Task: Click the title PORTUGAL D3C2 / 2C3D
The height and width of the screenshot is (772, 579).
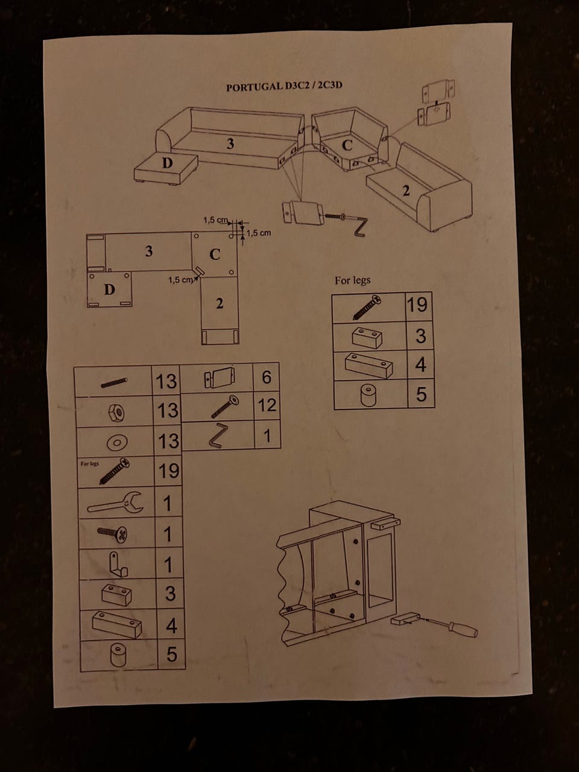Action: [x=284, y=86]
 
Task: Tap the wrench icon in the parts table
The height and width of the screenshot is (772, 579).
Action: [x=115, y=502]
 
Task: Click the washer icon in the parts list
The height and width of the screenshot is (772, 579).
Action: [x=117, y=443]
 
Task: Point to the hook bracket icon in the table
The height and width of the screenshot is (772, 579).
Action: [x=118, y=564]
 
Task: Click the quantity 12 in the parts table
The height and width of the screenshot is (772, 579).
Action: [x=267, y=405]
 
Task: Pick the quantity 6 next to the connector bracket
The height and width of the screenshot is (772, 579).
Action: [x=267, y=377]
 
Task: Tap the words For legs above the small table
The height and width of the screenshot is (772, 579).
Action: [x=352, y=280]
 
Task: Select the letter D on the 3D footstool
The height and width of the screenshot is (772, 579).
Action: [x=167, y=163]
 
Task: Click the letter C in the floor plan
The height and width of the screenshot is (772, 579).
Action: [x=215, y=254]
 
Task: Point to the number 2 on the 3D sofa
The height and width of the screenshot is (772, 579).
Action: [x=407, y=191]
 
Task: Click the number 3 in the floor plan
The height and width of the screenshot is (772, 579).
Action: [x=149, y=251]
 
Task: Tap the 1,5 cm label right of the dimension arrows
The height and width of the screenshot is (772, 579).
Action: [x=259, y=233]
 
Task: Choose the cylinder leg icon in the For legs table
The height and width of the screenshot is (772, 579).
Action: [x=369, y=395]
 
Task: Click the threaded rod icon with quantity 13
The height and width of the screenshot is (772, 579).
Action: [x=114, y=382]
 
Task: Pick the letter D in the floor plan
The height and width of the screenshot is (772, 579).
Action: [x=110, y=289]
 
